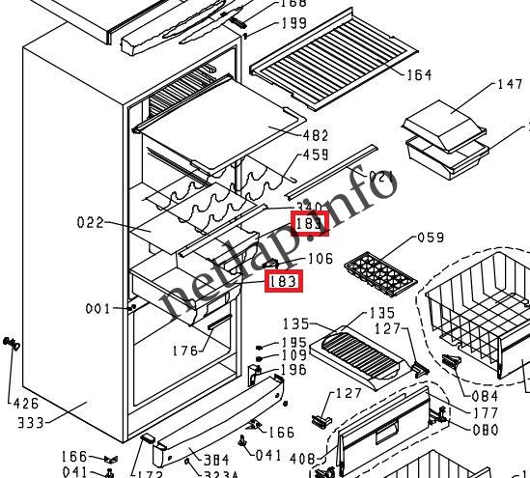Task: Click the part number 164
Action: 419,74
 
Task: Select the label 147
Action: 509,85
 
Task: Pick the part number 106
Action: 320,259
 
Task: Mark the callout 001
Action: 98,310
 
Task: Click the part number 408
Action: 302,459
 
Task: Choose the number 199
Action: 293,23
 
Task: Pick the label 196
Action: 293,370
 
